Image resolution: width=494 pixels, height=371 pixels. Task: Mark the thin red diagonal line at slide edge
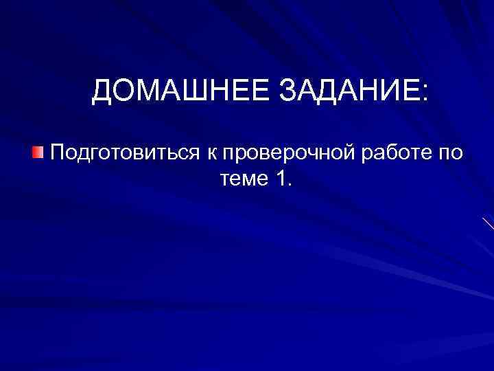coord(487,223)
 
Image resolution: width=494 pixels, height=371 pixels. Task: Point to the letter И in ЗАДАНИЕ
coord(390,92)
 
